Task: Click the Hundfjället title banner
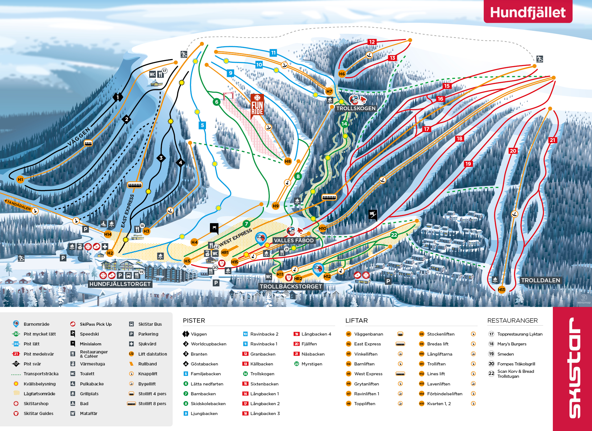(x=528, y=12)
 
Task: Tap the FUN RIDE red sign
(x=257, y=105)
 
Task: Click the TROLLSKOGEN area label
(x=356, y=108)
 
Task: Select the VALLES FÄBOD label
(x=294, y=240)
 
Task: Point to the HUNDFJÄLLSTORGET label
(x=120, y=284)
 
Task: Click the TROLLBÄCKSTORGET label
(x=291, y=287)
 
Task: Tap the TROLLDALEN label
(x=540, y=280)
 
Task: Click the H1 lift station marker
(x=20, y=179)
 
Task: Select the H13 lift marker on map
(x=501, y=290)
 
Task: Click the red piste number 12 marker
(x=372, y=42)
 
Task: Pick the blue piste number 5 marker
(x=202, y=125)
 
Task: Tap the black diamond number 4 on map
(x=181, y=163)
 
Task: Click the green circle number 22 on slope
(x=394, y=235)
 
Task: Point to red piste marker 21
(x=552, y=140)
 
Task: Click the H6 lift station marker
(x=342, y=74)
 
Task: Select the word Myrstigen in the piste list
(x=312, y=364)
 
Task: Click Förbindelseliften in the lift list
(x=445, y=394)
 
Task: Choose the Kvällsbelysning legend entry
(x=39, y=384)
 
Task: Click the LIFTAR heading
(x=356, y=320)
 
